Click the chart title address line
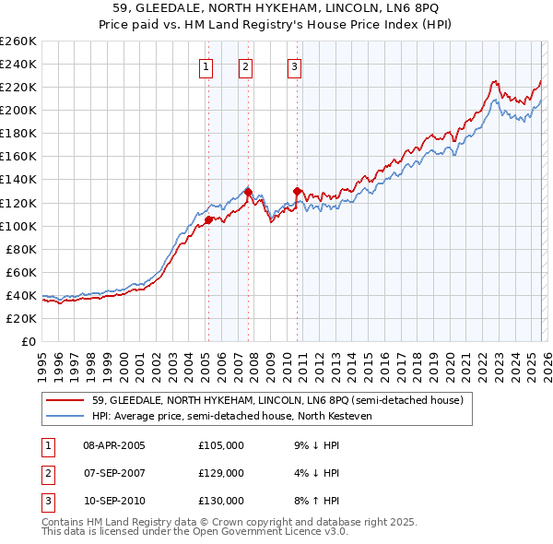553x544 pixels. [x=276, y=8]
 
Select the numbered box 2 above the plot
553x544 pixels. [x=246, y=65]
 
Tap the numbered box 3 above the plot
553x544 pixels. [x=294, y=65]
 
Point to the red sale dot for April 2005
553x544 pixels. [x=208, y=219]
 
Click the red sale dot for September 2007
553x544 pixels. [x=248, y=192]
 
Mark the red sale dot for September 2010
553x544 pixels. [x=298, y=191]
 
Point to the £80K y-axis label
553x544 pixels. [x=20, y=249]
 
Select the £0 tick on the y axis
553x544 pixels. [x=28, y=341]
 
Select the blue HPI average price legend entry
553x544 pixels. [x=243, y=417]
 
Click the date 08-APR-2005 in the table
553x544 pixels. [x=114, y=445]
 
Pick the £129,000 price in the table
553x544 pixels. [x=221, y=473]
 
